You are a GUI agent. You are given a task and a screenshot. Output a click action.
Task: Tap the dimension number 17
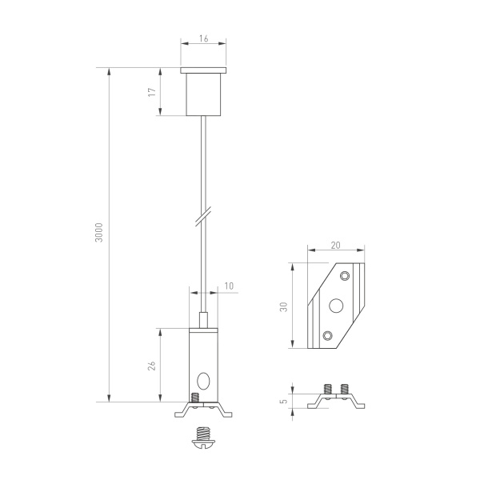tap(151, 93)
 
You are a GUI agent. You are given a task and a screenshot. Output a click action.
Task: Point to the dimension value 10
tap(229, 286)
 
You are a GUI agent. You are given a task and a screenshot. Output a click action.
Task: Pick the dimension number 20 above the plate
tap(335, 247)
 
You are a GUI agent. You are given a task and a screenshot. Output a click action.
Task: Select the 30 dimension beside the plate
tap(283, 307)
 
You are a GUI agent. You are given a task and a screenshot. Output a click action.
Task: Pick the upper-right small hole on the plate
tap(345, 276)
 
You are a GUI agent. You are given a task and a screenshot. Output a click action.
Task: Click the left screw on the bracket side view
tap(327, 390)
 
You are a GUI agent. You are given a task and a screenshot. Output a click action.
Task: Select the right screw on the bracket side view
tap(345, 390)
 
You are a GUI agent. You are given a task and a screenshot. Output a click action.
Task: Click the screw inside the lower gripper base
tap(195, 397)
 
